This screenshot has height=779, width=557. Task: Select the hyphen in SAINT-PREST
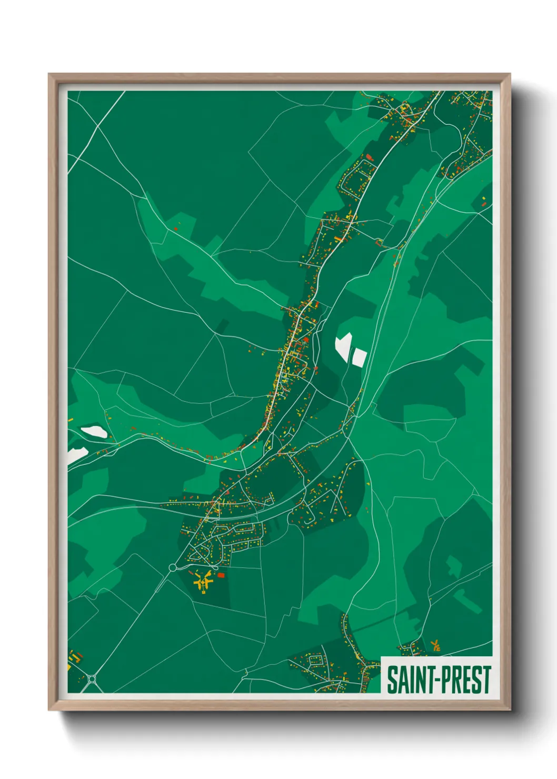tap(433, 681)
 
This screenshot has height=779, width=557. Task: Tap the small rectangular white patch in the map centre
tap(360, 357)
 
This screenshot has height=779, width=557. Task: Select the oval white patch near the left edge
tap(94, 432)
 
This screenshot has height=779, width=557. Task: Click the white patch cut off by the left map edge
tap(75, 455)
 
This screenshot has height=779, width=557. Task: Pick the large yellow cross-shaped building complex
tap(203, 582)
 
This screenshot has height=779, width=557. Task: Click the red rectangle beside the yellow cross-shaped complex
tap(221, 575)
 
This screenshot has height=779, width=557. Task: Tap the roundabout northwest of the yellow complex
tap(173, 567)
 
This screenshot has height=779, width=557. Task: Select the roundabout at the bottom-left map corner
tap(93, 679)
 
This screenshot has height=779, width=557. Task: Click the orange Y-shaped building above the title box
tap(435, 645)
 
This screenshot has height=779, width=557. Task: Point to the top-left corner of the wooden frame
tap(49, 75)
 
